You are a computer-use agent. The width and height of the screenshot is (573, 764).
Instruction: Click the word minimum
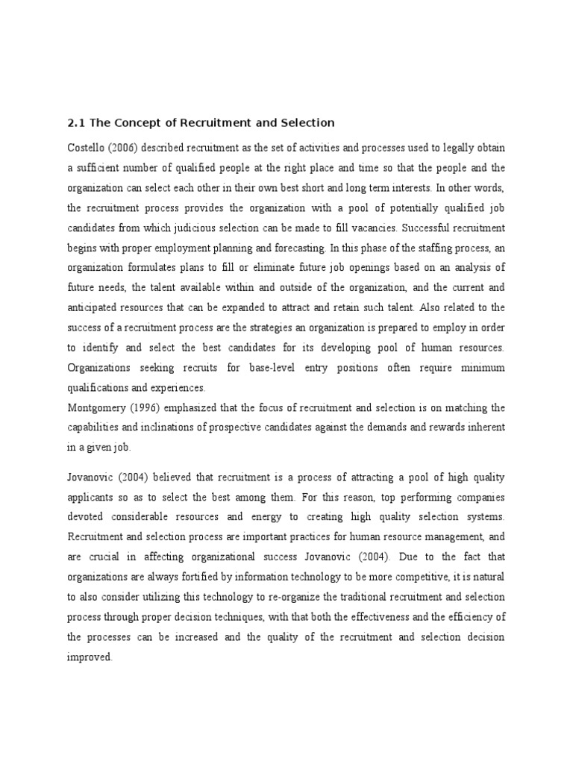coord(482,368)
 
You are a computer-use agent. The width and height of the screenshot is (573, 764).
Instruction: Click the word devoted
coord(88,516)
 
